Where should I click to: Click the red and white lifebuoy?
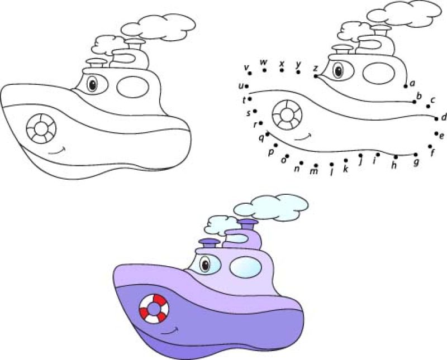pos(154,308)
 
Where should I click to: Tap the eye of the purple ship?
pos(206,264)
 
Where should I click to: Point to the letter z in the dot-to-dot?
pos(315,68)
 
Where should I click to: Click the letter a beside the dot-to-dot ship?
pos(412,83)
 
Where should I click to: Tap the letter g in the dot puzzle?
pos(416,162)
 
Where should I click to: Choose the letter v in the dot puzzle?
pos(246,67)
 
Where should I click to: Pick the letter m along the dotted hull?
pos(314,172)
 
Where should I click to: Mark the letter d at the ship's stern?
pos(443,117)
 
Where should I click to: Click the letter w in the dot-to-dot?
pos(263,62)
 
